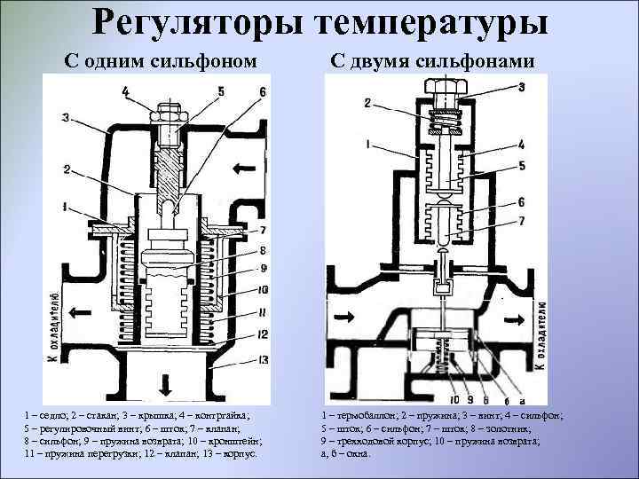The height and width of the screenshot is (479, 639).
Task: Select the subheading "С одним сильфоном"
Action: pyautogui.click(x=165, y=61)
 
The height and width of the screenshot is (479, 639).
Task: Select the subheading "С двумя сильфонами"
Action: pyautogui.click(x=432, y=61)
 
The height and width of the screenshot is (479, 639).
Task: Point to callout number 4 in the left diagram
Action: pyautogui.click(x=125, y=90)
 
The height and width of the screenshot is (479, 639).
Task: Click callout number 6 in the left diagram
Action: pyautogui.click(x=263, y=91)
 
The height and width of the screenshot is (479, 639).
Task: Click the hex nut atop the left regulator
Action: pyautogui.click(x=169, y=113)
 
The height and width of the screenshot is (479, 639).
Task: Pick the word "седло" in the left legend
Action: pyautogui.click(x=49, y=414)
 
